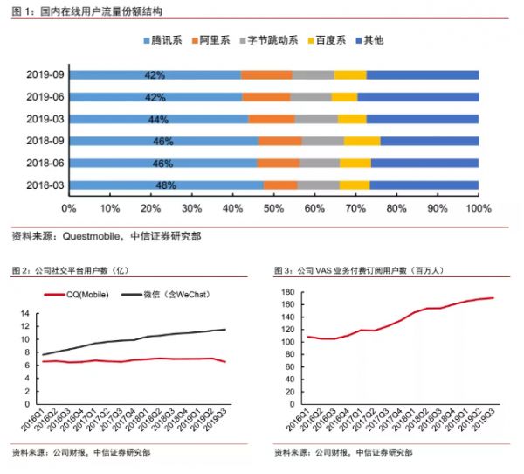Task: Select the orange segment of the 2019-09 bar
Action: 266,74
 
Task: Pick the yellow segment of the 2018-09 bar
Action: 362,141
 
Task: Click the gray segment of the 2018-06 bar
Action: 320,163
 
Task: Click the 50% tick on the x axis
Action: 273,209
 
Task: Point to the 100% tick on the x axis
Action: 478,209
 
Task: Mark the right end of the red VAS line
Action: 493,298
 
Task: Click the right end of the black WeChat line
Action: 226,329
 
